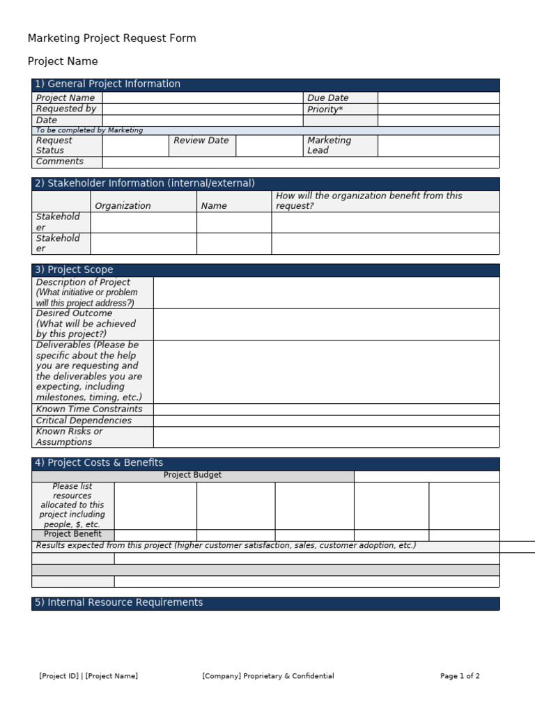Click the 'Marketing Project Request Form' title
pyautogui.click(x=111, y=38)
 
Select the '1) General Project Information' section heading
pyautogui.click(x=107, y=84)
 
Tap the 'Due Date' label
pyautogui.click(x=328, y=98)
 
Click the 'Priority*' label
pyautogui.click(x=325, y=109)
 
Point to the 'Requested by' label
pyautogui.click(x=66, y=109)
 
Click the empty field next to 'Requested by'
pyautogui.click(x=202, y=109)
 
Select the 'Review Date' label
pyautogui.click(x=201, y=141)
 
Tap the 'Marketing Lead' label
pyautogui.click(x=329, y=146)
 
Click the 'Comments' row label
pyautogui.click(x=60, y=162)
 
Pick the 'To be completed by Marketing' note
pyautogui.click(x=89, y=130)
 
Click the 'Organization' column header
pyautogui.click(x=123, y=206)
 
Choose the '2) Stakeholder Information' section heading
pyautogui.click(x=144, y=184)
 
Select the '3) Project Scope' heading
pyautogui.click(x=73, y=270)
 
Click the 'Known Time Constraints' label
pyautogui.click(x=89, y=409)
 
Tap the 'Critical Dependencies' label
pyautogui.click(x=84, y=421)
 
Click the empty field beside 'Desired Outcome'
pyautogui.click(x=326, y=324)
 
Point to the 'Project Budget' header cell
pyautogui.click(x=193, y=476)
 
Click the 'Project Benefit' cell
pyautogui.click(x=72, y=534)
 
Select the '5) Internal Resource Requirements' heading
pyautogui.click(x=118, y=603)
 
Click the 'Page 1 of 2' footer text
pyautogui.click(x=460, y=676)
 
